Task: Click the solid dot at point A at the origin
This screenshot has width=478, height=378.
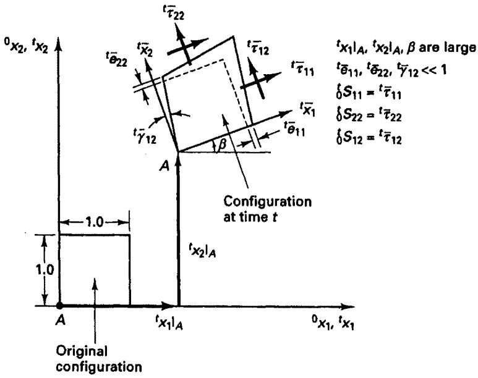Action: coord(60,305)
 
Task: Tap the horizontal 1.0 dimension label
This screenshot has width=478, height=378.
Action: coord(94,222)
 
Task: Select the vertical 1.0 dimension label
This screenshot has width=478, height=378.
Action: coord(45,271)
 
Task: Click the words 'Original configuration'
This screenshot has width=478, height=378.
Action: coord(99,359)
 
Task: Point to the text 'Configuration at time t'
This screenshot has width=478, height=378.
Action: coord(267,209)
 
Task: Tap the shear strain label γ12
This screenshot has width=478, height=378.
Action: coord(145,136)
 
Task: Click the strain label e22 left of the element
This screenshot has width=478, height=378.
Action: coord(116,59)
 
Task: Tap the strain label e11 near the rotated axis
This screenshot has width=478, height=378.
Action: coord(294,129)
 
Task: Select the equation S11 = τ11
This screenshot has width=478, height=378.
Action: coord(368,93)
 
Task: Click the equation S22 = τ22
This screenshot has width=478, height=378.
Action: coord(368,115)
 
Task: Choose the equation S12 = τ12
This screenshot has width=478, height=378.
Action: coord(368,138)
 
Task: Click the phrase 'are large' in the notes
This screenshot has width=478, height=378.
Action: coord(447,48)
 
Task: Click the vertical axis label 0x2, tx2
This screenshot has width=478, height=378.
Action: coord(26,45)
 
